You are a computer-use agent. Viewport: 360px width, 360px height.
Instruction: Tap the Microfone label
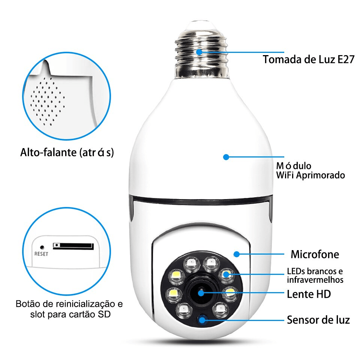coord(315,255)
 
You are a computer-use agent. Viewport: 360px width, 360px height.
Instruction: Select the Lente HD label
coord(309,294)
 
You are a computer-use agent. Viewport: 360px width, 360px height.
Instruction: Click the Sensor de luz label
coord(318,320)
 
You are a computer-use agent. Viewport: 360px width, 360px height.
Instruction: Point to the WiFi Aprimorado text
coord(310,175)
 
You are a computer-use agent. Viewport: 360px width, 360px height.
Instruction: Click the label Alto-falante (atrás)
coord(67,153)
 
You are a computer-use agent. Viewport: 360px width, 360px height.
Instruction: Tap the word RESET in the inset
coord(41,253)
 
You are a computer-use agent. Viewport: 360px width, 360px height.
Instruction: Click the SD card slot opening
coord(73,246)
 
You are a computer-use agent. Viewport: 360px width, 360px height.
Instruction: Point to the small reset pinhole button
coord(42,247)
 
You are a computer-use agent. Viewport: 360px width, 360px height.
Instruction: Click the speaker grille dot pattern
coord(46,99)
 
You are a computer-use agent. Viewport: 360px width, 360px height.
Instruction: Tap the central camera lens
coord(201,293)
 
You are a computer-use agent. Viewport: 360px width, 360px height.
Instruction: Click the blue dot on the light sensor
coord(203,320)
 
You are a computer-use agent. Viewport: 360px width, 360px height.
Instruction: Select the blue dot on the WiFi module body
coord(226,157)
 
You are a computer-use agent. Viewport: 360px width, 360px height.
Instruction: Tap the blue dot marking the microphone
coord(236,254)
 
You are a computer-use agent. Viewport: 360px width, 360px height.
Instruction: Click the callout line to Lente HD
coord(244,293)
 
